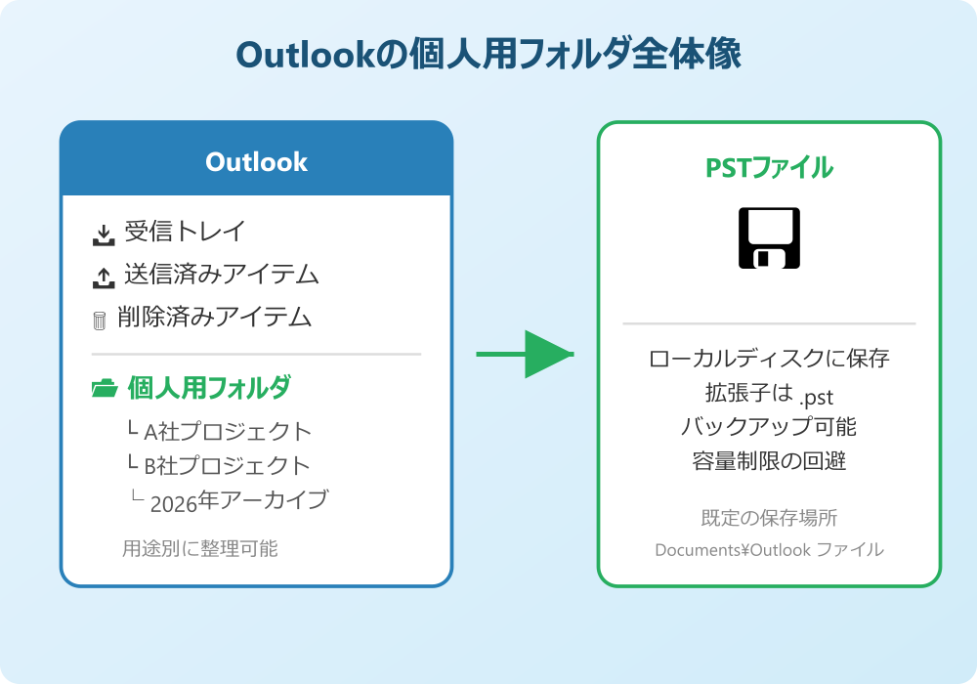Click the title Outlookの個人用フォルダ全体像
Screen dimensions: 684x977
tap(488, 56)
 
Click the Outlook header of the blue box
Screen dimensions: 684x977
tap(256, 162)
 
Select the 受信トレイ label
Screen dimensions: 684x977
tap(185, 232)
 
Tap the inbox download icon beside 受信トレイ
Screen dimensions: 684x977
tap(103, 235)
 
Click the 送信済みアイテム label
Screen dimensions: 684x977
tap(221, 275)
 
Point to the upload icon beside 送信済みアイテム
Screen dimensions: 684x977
tap(103, 278)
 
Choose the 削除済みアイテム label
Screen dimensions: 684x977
tap(214, 318)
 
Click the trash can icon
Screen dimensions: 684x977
tap(99, 321)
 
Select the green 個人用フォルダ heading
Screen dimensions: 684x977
tap(209, 388)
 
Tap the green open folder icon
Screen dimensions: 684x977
tap(104, 389)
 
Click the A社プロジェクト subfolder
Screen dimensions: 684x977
tap(227, 431)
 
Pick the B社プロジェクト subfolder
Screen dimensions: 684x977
tap(227, 465)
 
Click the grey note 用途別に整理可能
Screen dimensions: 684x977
tap(199, 549)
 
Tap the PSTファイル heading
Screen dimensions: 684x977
tap(769, 168)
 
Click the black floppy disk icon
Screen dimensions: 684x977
tap(769, 237)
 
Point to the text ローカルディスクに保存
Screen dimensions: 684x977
tap(769, 359)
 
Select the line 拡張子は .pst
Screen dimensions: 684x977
tap(769, 394)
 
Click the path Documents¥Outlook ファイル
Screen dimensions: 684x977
tap(769, 550)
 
